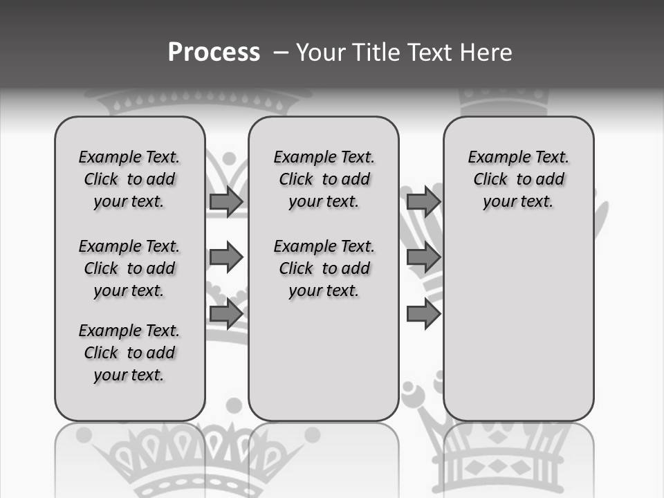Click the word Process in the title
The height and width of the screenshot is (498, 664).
tap(214, 53)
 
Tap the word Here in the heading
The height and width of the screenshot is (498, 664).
tap(487, 53)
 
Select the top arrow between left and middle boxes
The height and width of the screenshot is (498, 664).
tap(225, 201)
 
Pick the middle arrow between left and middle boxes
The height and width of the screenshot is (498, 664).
tap(225, 258)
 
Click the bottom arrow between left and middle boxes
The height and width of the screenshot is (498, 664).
tap(225, 314)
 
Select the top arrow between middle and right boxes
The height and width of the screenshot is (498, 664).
tap(423, 201)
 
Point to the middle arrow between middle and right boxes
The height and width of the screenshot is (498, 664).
tap(423, 258)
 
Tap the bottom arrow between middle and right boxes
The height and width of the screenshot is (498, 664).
tap(423, 314)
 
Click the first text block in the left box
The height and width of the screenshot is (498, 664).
tap(129, 180)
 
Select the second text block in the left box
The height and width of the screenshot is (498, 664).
tap(129, 268)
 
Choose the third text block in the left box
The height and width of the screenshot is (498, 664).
tap(129, 353)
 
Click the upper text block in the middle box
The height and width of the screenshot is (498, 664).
tap(324, 180)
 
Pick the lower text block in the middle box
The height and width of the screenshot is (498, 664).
tap(324, 268)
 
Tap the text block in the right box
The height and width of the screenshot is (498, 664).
tap(518, 180)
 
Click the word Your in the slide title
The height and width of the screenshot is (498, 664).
tap(321, 53)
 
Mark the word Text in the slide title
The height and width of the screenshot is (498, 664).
tap(431, 53)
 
